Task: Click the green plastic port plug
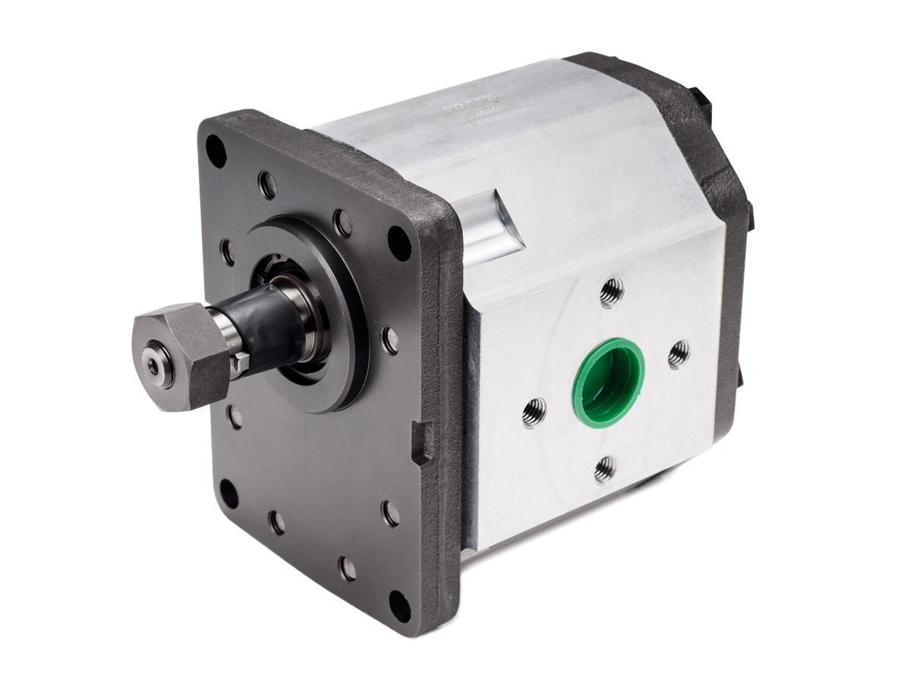coord(607,382)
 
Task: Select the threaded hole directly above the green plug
coord(611,292)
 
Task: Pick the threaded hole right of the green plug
coord(678,354)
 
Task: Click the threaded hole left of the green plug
coord(534,412)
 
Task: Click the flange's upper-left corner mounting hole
coord(216,150)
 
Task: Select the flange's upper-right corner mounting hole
coord(399,242)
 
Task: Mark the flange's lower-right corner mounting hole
coord(399,605)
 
